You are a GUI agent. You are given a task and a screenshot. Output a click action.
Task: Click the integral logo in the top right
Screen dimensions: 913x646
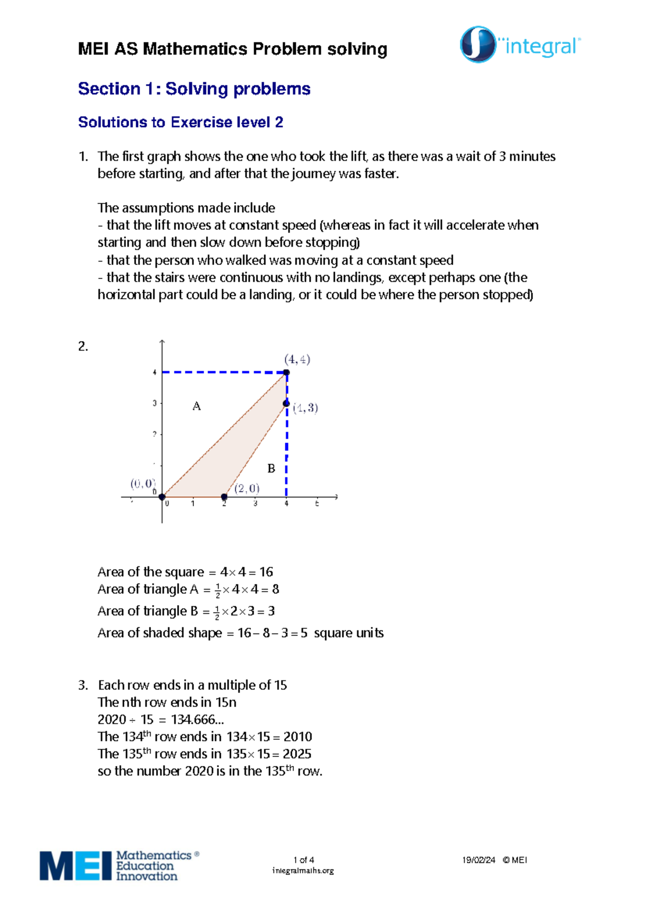click(x=520, y=45)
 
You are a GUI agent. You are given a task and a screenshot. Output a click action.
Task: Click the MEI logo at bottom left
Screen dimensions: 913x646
click(x=119, y=866)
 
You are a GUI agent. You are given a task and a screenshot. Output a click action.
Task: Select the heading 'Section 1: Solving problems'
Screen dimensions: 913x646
click(x=194, y=89)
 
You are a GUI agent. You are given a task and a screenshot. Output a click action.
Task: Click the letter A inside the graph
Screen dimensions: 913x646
click(x=196, y=406)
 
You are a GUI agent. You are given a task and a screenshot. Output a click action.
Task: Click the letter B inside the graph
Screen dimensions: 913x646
click(x=271, y=469)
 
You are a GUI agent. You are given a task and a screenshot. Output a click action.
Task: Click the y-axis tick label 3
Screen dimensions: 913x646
click(x=155, y=403)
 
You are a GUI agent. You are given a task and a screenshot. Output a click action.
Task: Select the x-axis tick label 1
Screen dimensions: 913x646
click(x=193, y=504)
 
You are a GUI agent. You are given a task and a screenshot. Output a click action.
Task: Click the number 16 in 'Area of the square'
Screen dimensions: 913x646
click(x=266, y=572)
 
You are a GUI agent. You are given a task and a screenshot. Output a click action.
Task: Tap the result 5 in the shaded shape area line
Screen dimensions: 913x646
click(x=304, y=633)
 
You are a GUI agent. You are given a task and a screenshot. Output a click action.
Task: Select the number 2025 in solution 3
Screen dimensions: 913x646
click(x=297, y=754)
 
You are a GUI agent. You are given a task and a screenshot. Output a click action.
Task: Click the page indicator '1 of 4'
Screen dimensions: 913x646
click(x=304, y=860)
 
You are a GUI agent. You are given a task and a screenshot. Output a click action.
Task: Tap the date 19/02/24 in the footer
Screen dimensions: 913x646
click(x=478, y=860)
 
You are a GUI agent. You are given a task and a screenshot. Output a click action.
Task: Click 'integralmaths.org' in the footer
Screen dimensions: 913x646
click(x=303, y=870)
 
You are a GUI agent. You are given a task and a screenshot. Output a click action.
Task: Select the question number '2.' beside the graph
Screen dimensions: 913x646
click(x=83, y=347)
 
